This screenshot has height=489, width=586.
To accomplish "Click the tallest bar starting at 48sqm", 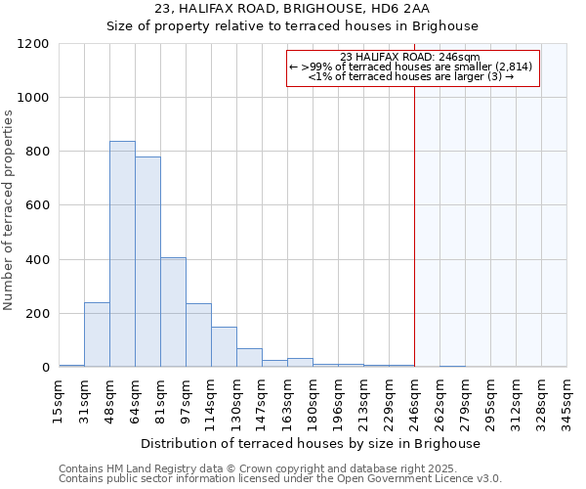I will point(122,254).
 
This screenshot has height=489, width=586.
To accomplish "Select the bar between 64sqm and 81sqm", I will point(147,262).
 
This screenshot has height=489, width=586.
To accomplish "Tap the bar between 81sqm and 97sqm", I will point(173,313).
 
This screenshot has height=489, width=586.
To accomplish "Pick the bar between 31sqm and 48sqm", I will point(97,334).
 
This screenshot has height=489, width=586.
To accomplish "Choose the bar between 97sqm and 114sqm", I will point(198,335).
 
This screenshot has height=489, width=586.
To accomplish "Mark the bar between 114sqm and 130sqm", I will point(224,347).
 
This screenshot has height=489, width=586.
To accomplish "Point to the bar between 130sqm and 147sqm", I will point(249,358).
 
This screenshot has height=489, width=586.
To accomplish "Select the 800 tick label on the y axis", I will point(37,152).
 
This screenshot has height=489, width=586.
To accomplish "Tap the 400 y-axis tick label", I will point(37,260).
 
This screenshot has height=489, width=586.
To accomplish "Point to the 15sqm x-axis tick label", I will point(59,399).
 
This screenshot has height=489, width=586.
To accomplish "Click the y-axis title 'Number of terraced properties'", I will point(9,210).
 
